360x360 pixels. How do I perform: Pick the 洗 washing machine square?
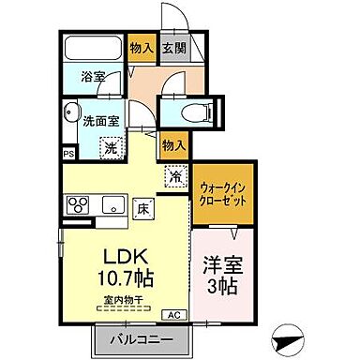110,146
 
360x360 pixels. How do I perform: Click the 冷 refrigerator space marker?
176,173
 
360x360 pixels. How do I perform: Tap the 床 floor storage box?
143,208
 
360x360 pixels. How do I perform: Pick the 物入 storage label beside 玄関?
141,49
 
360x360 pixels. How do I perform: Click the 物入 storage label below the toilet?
173,144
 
